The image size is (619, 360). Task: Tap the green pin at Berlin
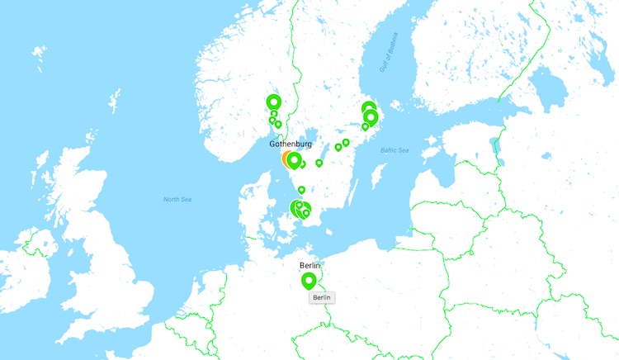[309, 281]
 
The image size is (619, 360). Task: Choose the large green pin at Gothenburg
[293, 159]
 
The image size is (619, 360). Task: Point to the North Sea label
[177, 199]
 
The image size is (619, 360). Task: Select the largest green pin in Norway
[273, 102]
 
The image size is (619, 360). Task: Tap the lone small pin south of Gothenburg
[301, 190]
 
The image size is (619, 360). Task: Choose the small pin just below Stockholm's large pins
[365, 126]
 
